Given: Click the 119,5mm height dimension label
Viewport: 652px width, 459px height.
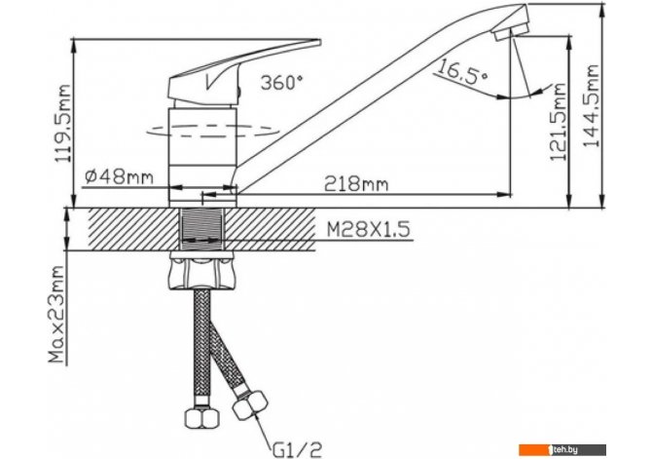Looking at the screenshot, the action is coord(63,124).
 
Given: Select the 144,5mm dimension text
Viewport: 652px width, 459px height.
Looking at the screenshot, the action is coord(592,106).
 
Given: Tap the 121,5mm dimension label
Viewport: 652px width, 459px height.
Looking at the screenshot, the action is coord(558,122).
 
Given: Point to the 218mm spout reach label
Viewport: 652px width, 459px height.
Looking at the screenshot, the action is coord(356,183).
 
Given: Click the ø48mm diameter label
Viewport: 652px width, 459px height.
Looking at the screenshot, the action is coord(120,177).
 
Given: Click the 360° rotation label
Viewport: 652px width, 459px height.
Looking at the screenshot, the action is coord(281,83).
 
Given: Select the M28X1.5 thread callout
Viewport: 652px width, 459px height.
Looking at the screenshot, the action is coord(369,229).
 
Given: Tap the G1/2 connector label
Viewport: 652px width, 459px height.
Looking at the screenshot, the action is coord(298,449).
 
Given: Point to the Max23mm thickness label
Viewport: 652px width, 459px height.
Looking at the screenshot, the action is coord(57,315).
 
